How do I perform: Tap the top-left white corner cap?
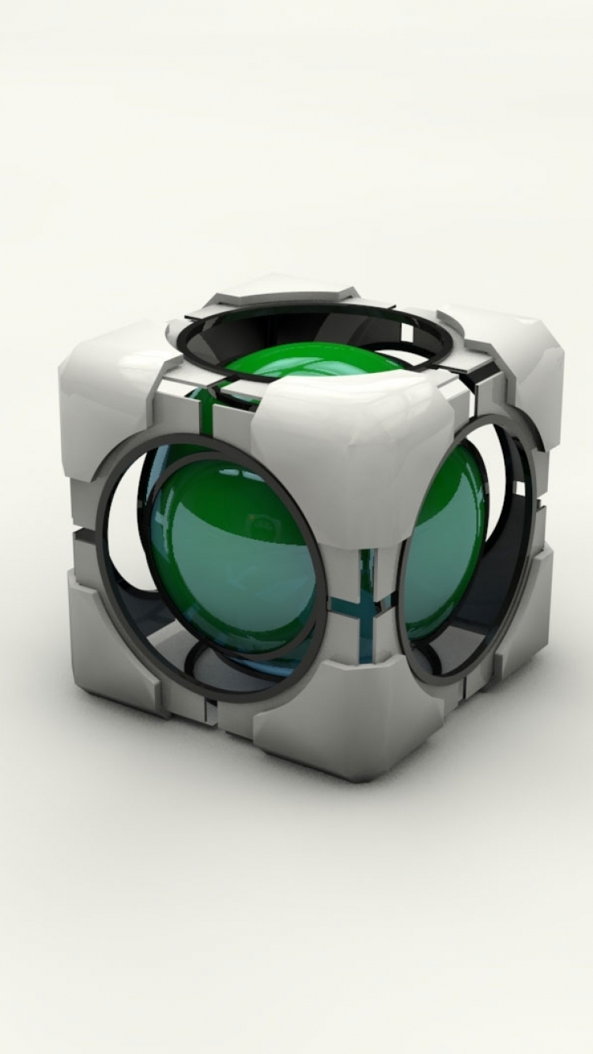(x=111, y=379)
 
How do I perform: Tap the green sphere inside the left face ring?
(x=229, y=545)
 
